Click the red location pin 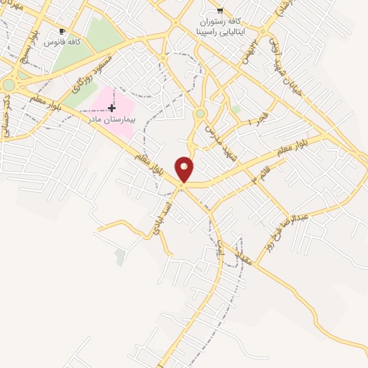(x=185, y=169)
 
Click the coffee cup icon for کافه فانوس (x=63, y=32)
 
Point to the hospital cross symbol (x=111, y=108)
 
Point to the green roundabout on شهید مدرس (x=200, y=114)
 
